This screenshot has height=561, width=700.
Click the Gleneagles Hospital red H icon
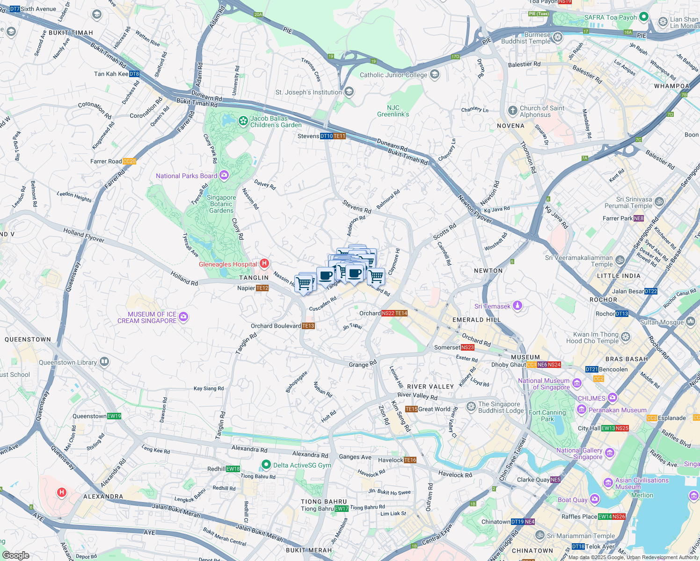coord(264,264)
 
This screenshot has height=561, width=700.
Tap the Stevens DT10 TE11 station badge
coord(333,136)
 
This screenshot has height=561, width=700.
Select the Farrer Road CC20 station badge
coord(129,161)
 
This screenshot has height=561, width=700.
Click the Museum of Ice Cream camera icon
coord(183,317)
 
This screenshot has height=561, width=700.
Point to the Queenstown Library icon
coord(104,362)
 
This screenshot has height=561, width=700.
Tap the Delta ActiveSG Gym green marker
coord(266,465)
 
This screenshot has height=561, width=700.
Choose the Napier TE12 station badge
coord(262,288)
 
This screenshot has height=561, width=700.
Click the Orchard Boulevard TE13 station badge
coord(308,326)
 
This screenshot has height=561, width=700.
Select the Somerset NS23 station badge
coord(467,347)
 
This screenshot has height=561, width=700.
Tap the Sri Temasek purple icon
coord(517,306)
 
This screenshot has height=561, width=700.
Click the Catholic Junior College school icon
coord(435,74)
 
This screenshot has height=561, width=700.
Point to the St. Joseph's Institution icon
coord(349,92)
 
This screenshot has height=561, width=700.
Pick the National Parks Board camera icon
coord(224,175)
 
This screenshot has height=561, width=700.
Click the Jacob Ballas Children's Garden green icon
coord(243,122)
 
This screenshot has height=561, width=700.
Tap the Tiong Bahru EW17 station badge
coord(342,509)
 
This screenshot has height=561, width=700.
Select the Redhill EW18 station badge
coord(233,469)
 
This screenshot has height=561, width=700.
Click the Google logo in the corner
coord(15,555)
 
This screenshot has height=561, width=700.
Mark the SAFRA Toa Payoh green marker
coord(644,17)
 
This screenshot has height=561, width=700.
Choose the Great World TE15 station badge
coord(411,409)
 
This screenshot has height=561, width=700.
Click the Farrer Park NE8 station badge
coord(639,218)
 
